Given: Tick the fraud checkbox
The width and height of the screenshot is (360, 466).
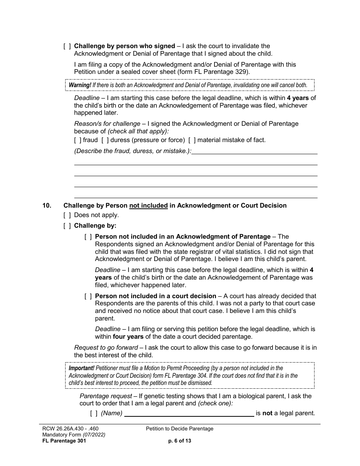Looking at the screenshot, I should (78, 140).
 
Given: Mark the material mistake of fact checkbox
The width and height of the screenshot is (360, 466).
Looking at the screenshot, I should (192, 140).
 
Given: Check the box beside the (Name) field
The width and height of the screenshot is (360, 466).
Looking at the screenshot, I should (94, 413).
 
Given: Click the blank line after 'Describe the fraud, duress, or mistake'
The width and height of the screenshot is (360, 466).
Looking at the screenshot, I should (254, 151).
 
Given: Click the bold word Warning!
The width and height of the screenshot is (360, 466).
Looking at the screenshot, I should (80, 85).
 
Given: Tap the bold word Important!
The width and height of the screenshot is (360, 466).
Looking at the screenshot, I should (81, 368).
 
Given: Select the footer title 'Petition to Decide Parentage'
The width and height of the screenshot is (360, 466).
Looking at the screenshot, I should (180, 429).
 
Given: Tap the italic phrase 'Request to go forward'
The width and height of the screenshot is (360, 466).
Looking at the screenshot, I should (106, 348).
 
